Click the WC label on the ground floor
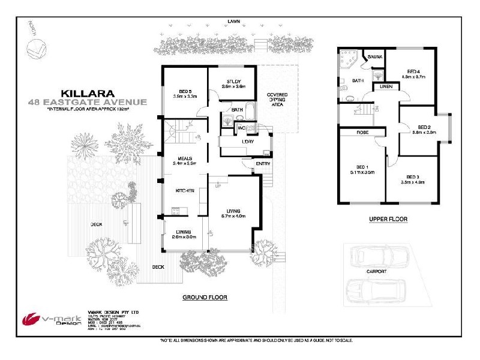point(241,128)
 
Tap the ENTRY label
point(263,163)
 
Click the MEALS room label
point(182,157)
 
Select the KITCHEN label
point(184,190)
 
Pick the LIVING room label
point(234,211)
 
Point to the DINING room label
point(183,233)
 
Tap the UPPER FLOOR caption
point(388,220)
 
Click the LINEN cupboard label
point(387,87)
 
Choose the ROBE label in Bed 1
point(362,132)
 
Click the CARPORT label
point(376,271)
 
